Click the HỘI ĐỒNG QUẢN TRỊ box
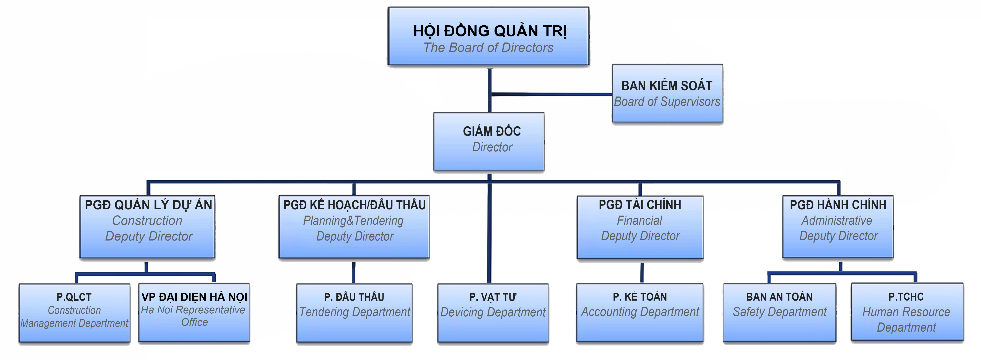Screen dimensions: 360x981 coord(489,37)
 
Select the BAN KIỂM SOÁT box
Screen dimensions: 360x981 coord(667,93)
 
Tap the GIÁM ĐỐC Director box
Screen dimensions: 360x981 coord(489,141)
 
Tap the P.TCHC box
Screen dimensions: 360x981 coord(907,312)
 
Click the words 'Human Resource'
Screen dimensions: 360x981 coord(906,312)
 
